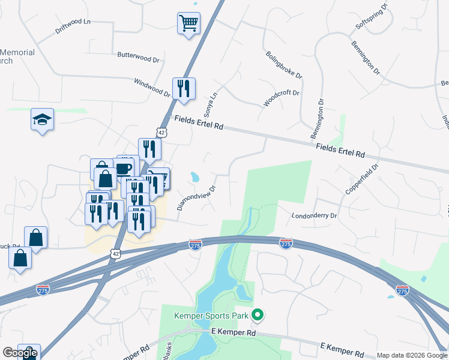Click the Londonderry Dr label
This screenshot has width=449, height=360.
315,215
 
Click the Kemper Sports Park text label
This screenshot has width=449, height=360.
211,315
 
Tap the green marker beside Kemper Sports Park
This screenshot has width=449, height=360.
258,314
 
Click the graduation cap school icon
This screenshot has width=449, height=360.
43,119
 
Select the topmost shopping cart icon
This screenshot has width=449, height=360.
188,24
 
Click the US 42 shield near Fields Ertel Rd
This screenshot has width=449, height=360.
161,131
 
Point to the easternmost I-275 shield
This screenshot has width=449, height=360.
402,290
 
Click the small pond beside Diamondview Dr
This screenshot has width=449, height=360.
195,177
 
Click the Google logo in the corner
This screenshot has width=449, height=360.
20,353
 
